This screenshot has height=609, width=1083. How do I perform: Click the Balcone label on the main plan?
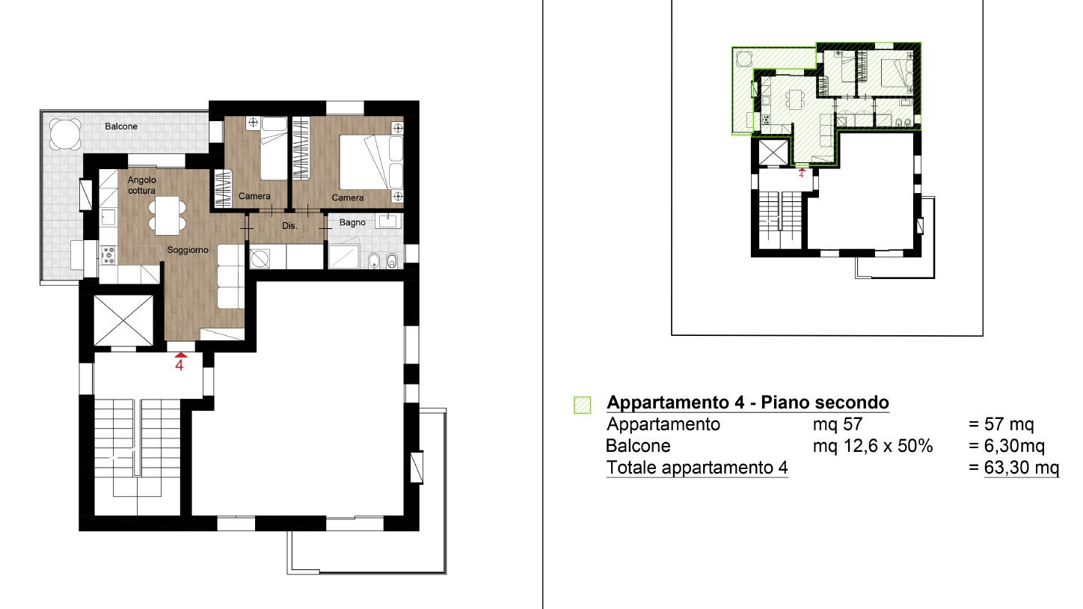[121, 126]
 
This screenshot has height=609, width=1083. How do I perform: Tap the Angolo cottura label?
[141, 185]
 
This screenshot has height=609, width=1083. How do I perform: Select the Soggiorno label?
[188, 250]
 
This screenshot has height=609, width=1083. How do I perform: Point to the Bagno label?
[352, 222]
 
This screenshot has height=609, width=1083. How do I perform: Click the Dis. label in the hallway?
[289, 226]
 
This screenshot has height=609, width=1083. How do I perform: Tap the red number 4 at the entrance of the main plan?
[180, 365]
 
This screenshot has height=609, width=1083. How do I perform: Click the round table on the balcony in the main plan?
[65, 134]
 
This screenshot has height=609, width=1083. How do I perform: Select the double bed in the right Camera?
[371, 162]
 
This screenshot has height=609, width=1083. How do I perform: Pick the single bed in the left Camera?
[274, 148]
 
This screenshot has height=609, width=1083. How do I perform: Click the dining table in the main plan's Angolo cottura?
[167, 215]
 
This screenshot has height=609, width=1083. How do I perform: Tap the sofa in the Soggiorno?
[230, 276]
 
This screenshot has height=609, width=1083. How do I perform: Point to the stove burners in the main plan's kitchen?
[108, 255]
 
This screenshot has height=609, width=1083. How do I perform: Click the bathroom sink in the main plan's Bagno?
[387, 221]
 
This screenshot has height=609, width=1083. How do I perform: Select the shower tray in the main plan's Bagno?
[344, 257]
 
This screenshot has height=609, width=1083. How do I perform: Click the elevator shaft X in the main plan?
[123, 320]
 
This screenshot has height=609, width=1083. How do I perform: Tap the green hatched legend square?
[583, 405]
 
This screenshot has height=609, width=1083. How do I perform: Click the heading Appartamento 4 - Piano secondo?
[748, 403]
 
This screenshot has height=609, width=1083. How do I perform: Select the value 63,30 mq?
[1022, 468]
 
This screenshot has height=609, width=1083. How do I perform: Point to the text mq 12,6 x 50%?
[873, 446]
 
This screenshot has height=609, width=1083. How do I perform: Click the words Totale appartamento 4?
[697, 468]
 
